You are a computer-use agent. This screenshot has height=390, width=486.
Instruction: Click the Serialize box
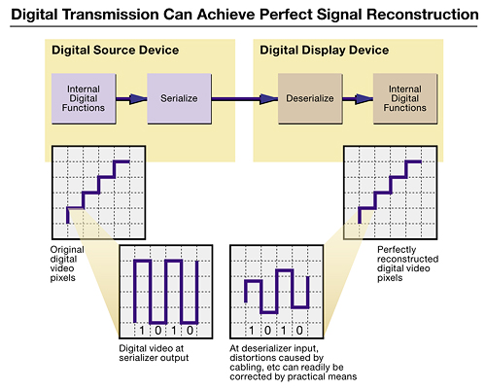[180, 98]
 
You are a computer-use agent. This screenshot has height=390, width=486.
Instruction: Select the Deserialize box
[310, 98]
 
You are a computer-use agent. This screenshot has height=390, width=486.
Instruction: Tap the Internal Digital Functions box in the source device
[84, 98]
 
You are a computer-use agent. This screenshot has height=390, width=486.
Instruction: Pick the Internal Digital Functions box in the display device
[405, 98]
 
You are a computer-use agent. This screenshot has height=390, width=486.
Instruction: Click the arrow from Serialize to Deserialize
[245, 99]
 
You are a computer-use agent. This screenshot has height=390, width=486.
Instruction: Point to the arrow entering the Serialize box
[131, 99]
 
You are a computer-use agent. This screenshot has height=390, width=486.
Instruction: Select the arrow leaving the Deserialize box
[358, 99]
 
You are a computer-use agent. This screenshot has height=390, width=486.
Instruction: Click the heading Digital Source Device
[116, 51]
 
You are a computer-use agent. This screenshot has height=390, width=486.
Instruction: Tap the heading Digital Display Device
[325, 51]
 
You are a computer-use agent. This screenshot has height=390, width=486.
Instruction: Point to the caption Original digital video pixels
[67, 264]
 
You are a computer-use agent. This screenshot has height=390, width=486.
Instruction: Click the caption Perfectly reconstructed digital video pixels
[407, 264]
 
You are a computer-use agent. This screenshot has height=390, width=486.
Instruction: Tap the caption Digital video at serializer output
[154, 353]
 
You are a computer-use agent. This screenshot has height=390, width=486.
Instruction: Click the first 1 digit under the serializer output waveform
[142, 331]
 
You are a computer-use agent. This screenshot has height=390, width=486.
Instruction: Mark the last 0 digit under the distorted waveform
[299, 331]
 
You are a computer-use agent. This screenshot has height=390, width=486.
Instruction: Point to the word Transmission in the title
[110, 15]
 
